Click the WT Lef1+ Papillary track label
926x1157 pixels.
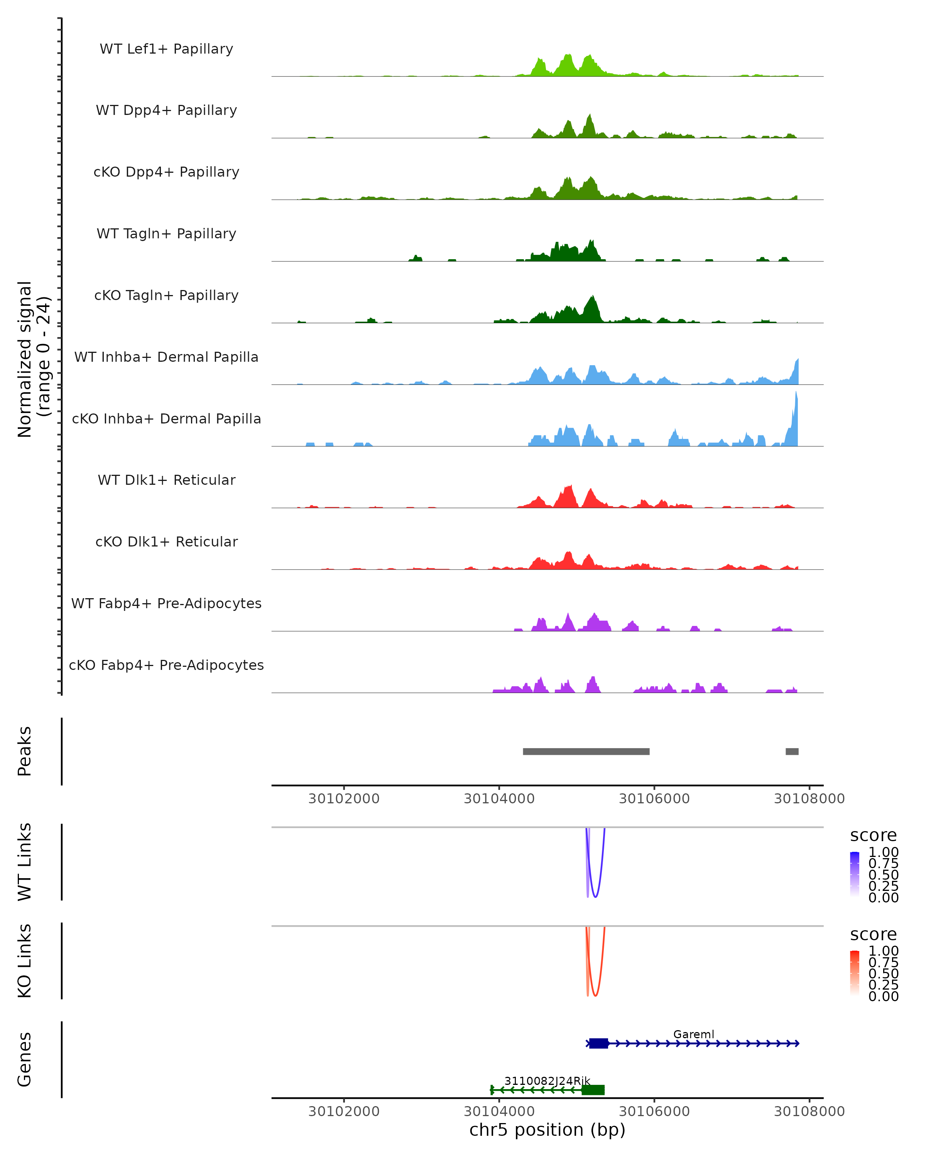click(166, 49)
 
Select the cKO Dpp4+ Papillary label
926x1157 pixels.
click(166, 172)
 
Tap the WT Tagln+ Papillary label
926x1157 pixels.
click(166, 234)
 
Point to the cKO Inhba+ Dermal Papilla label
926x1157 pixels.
click(166, 419)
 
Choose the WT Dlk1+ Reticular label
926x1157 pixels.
click(166, 480)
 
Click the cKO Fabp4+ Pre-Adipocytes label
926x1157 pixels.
click(166, 665)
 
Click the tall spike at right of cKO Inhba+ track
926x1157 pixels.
click(796, 413)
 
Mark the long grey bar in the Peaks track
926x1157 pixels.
click(586, 751)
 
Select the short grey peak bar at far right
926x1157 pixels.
click(792, 751)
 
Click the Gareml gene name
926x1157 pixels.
click(694, 1034)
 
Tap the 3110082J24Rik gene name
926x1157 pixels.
click(547, 1081)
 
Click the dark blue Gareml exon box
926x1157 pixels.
click(598, 1043)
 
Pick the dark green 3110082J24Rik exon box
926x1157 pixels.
click(593, 1090)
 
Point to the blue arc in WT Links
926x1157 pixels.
click(595, 895)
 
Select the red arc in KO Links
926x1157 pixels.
click(595, 994)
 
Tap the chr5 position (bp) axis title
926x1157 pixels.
click(547, 1130)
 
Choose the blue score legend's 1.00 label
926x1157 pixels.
click(883, 852)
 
